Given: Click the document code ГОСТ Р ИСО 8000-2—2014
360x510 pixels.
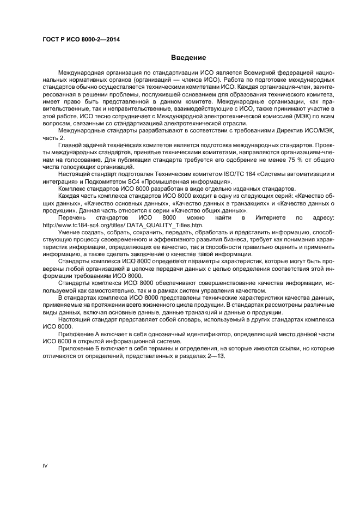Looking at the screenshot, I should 81,40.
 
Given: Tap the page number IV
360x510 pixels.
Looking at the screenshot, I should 46,466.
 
